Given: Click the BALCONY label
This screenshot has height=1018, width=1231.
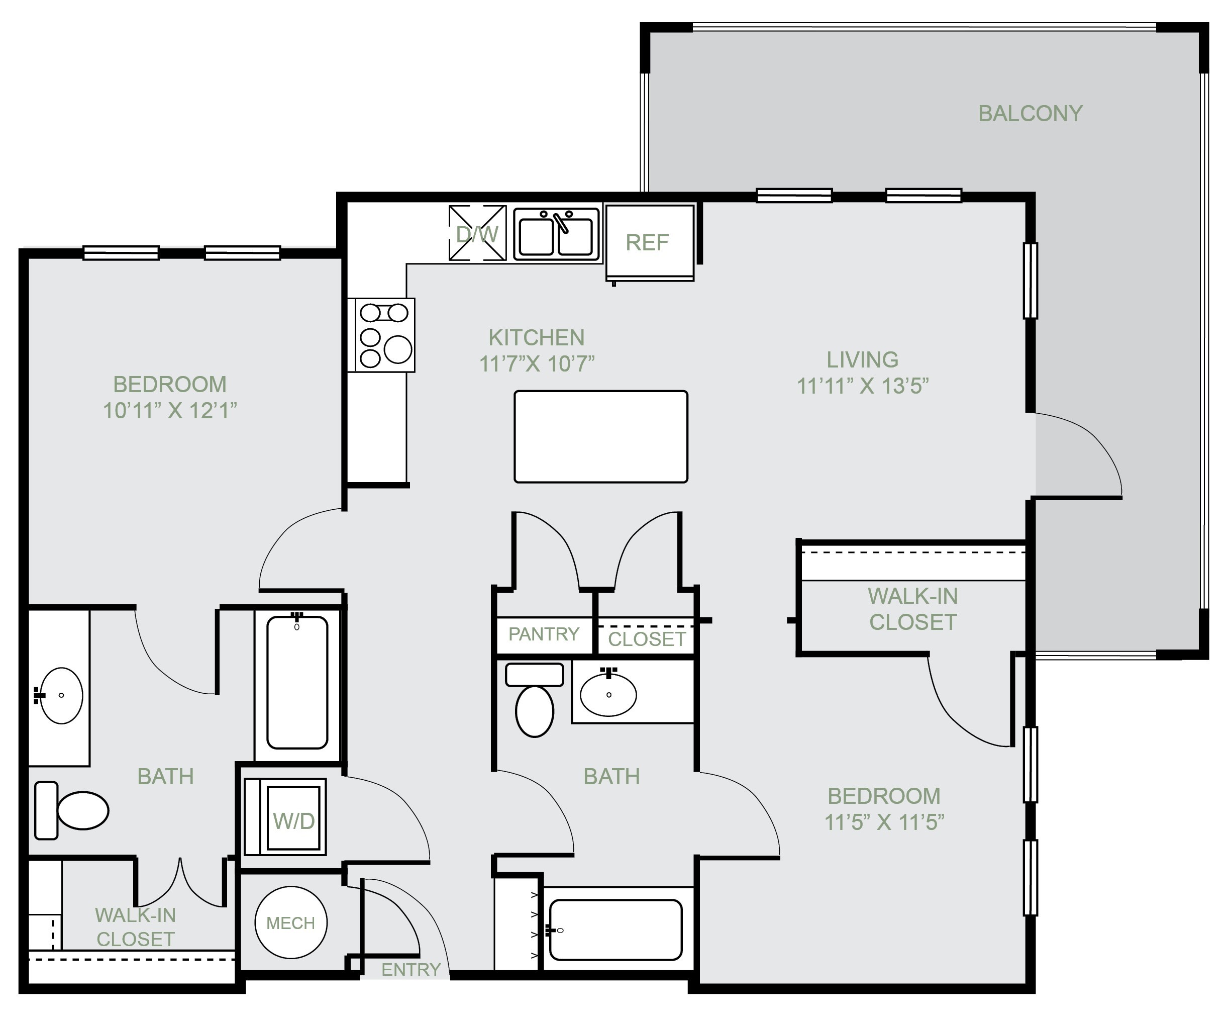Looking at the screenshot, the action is pyautogui.click(x=1030, y=113).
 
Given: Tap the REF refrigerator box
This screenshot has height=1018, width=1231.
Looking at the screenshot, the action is pyautogui.click(x=650, y=242).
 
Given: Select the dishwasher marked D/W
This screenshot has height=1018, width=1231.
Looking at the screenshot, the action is pyautogui.click(x=477, y=232).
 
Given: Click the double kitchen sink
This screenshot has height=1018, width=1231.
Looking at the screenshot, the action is pyautogui.click(x=556, y=234).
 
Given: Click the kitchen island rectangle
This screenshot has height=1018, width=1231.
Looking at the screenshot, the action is pyautogui.click(x=601, y=436).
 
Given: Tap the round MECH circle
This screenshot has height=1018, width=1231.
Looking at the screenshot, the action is pyautogui.click(x=291, y=922).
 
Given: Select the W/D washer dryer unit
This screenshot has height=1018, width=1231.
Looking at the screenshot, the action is pyautogui.click(x=285, y=817).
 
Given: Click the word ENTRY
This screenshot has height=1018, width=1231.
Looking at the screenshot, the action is pyautogui.click(x=411, y=969).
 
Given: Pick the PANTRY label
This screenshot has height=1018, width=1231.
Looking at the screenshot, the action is pyautogui.click(x=544, y=634).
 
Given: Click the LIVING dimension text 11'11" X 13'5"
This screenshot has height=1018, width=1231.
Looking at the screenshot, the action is pyautogui.click(x=862, y=386).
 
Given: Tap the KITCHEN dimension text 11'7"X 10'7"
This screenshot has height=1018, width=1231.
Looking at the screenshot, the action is pyautogui.click(x=537, y=363).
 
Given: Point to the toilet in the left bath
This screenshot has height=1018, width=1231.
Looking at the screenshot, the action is pyautogui.click(x=71, y=810).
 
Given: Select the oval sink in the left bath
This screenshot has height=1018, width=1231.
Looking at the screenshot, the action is pyautogui.click(x=60, y=695).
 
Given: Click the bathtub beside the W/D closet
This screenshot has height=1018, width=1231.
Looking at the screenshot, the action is pyautogui.click(x=297, y=682).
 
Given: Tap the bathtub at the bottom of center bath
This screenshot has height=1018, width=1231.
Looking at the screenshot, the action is pyautogui.click(x=615, y=930).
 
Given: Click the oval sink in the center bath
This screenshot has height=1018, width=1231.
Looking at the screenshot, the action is pyautogui.click(x=608, y=694).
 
